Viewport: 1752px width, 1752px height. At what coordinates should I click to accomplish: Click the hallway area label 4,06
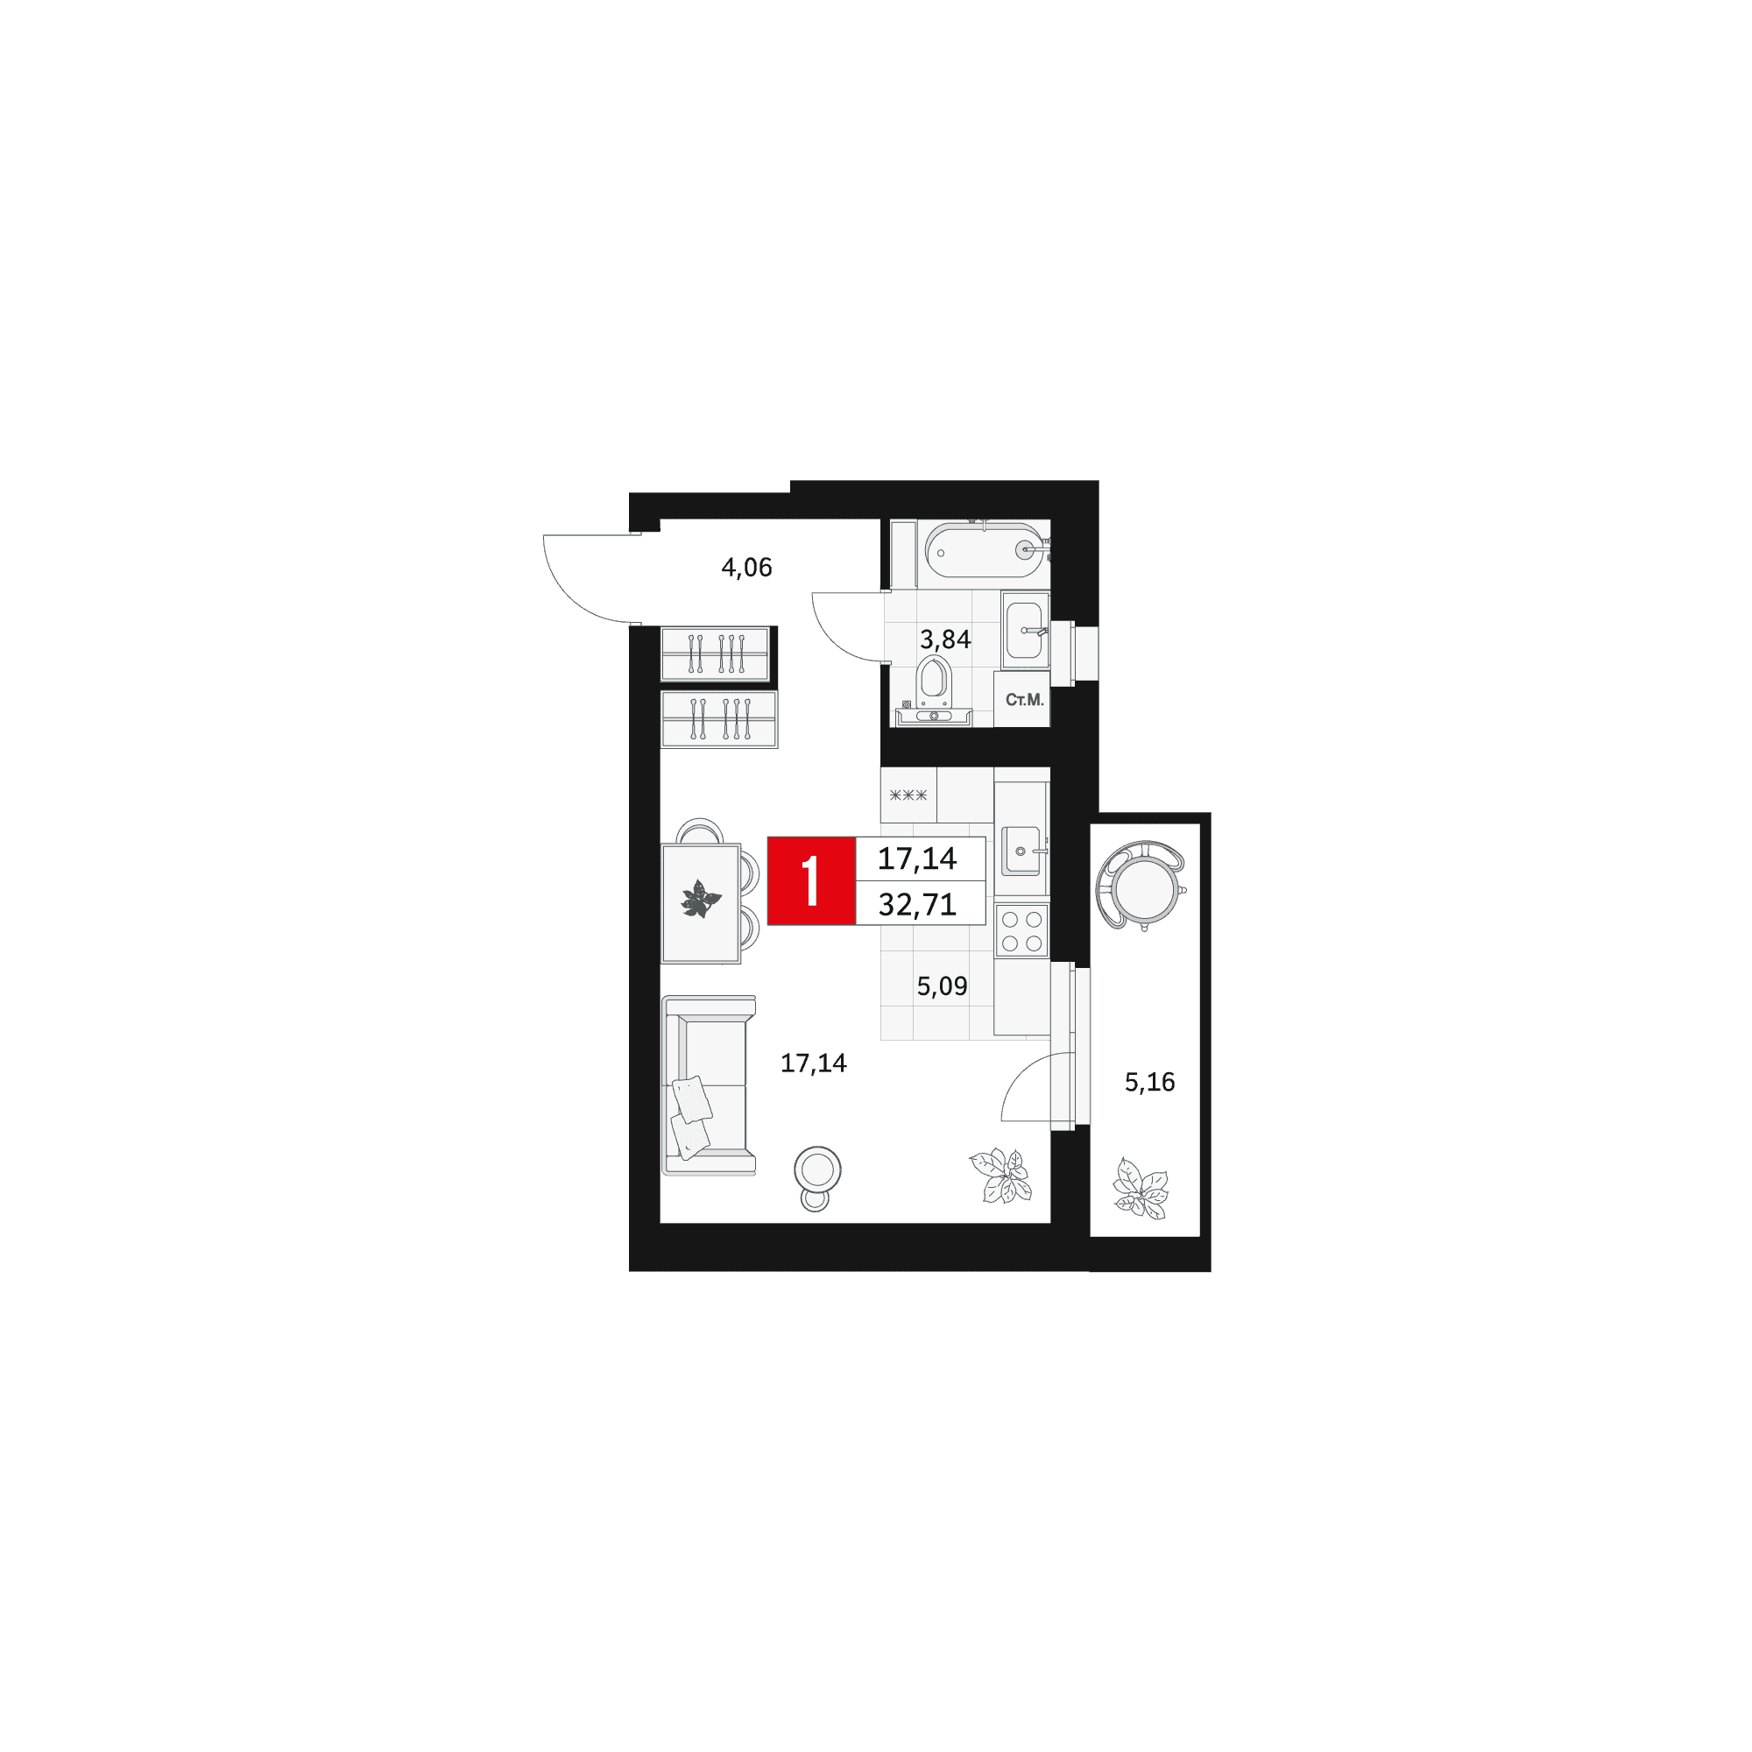746,568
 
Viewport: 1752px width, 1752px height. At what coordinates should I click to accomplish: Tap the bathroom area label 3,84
945,639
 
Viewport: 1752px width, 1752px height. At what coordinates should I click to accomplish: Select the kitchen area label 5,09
942,985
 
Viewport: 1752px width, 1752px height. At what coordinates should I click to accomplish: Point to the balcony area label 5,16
1149,1082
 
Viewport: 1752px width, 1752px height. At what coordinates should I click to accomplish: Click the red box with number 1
812,880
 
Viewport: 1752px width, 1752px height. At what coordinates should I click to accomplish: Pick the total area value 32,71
917,904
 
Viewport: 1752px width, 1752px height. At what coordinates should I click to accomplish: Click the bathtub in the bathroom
985,550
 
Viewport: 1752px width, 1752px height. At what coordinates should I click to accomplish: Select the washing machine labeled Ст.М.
1023,699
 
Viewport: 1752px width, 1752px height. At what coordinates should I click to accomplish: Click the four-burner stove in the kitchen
1022,931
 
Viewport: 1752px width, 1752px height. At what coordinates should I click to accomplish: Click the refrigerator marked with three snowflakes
908,795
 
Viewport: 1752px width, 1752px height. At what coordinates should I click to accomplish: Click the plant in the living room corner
1001,1176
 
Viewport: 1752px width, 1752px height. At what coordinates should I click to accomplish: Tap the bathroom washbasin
1026,630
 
